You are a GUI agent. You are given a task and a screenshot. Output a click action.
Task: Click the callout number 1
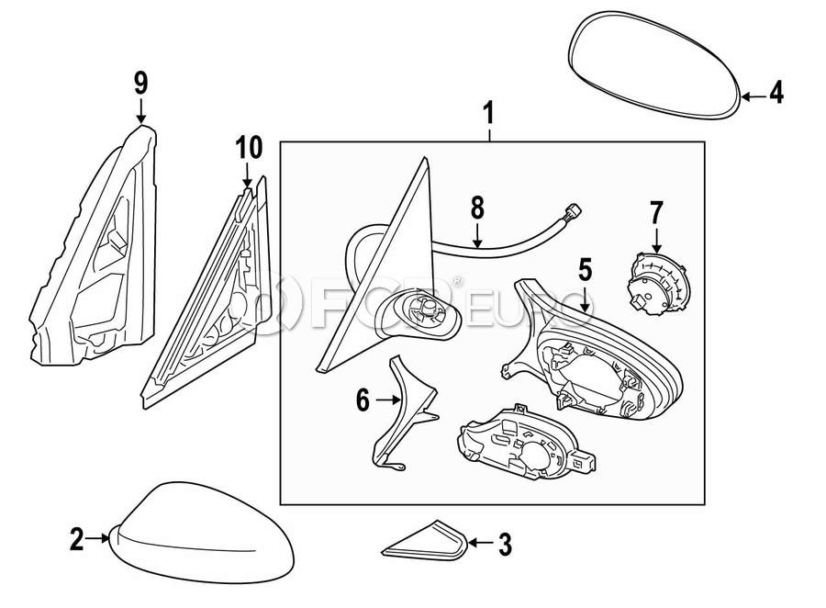tap(488, 114)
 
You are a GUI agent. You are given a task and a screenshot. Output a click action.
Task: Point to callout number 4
tap(776, 94)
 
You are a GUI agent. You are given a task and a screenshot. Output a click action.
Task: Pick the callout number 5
tap(585, 269)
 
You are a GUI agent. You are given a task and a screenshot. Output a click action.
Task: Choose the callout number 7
tap(655, 213)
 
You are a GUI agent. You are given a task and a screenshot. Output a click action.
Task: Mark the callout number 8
tap(477, 208)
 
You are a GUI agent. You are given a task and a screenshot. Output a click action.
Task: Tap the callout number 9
tap(140, 84)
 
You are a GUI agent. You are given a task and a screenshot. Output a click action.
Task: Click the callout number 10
tap(248, 147)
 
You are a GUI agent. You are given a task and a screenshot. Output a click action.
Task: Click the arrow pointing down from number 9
tap(140, 112)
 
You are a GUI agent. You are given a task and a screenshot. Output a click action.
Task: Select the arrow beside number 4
tap(753, 95)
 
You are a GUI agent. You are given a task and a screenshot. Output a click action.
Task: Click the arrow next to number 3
tap(479, 545)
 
